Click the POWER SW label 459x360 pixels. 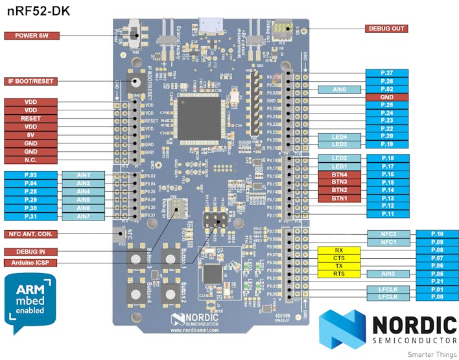point(31,36)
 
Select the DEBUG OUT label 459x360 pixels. point(386,29)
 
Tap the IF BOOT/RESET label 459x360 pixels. point(31,82)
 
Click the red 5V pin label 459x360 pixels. point(31,135)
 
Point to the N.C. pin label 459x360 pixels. point(31,160)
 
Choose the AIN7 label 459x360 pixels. point(83,216)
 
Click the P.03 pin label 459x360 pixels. point(31,175)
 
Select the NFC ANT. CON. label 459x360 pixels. point(31,234)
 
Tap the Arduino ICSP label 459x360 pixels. point(31,263)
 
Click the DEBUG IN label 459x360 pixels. point(31,252)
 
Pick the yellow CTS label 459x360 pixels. point(339,258)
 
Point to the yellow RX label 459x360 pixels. point(339,250)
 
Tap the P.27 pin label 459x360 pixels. point(387,73)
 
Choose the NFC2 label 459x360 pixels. point(388,234)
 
